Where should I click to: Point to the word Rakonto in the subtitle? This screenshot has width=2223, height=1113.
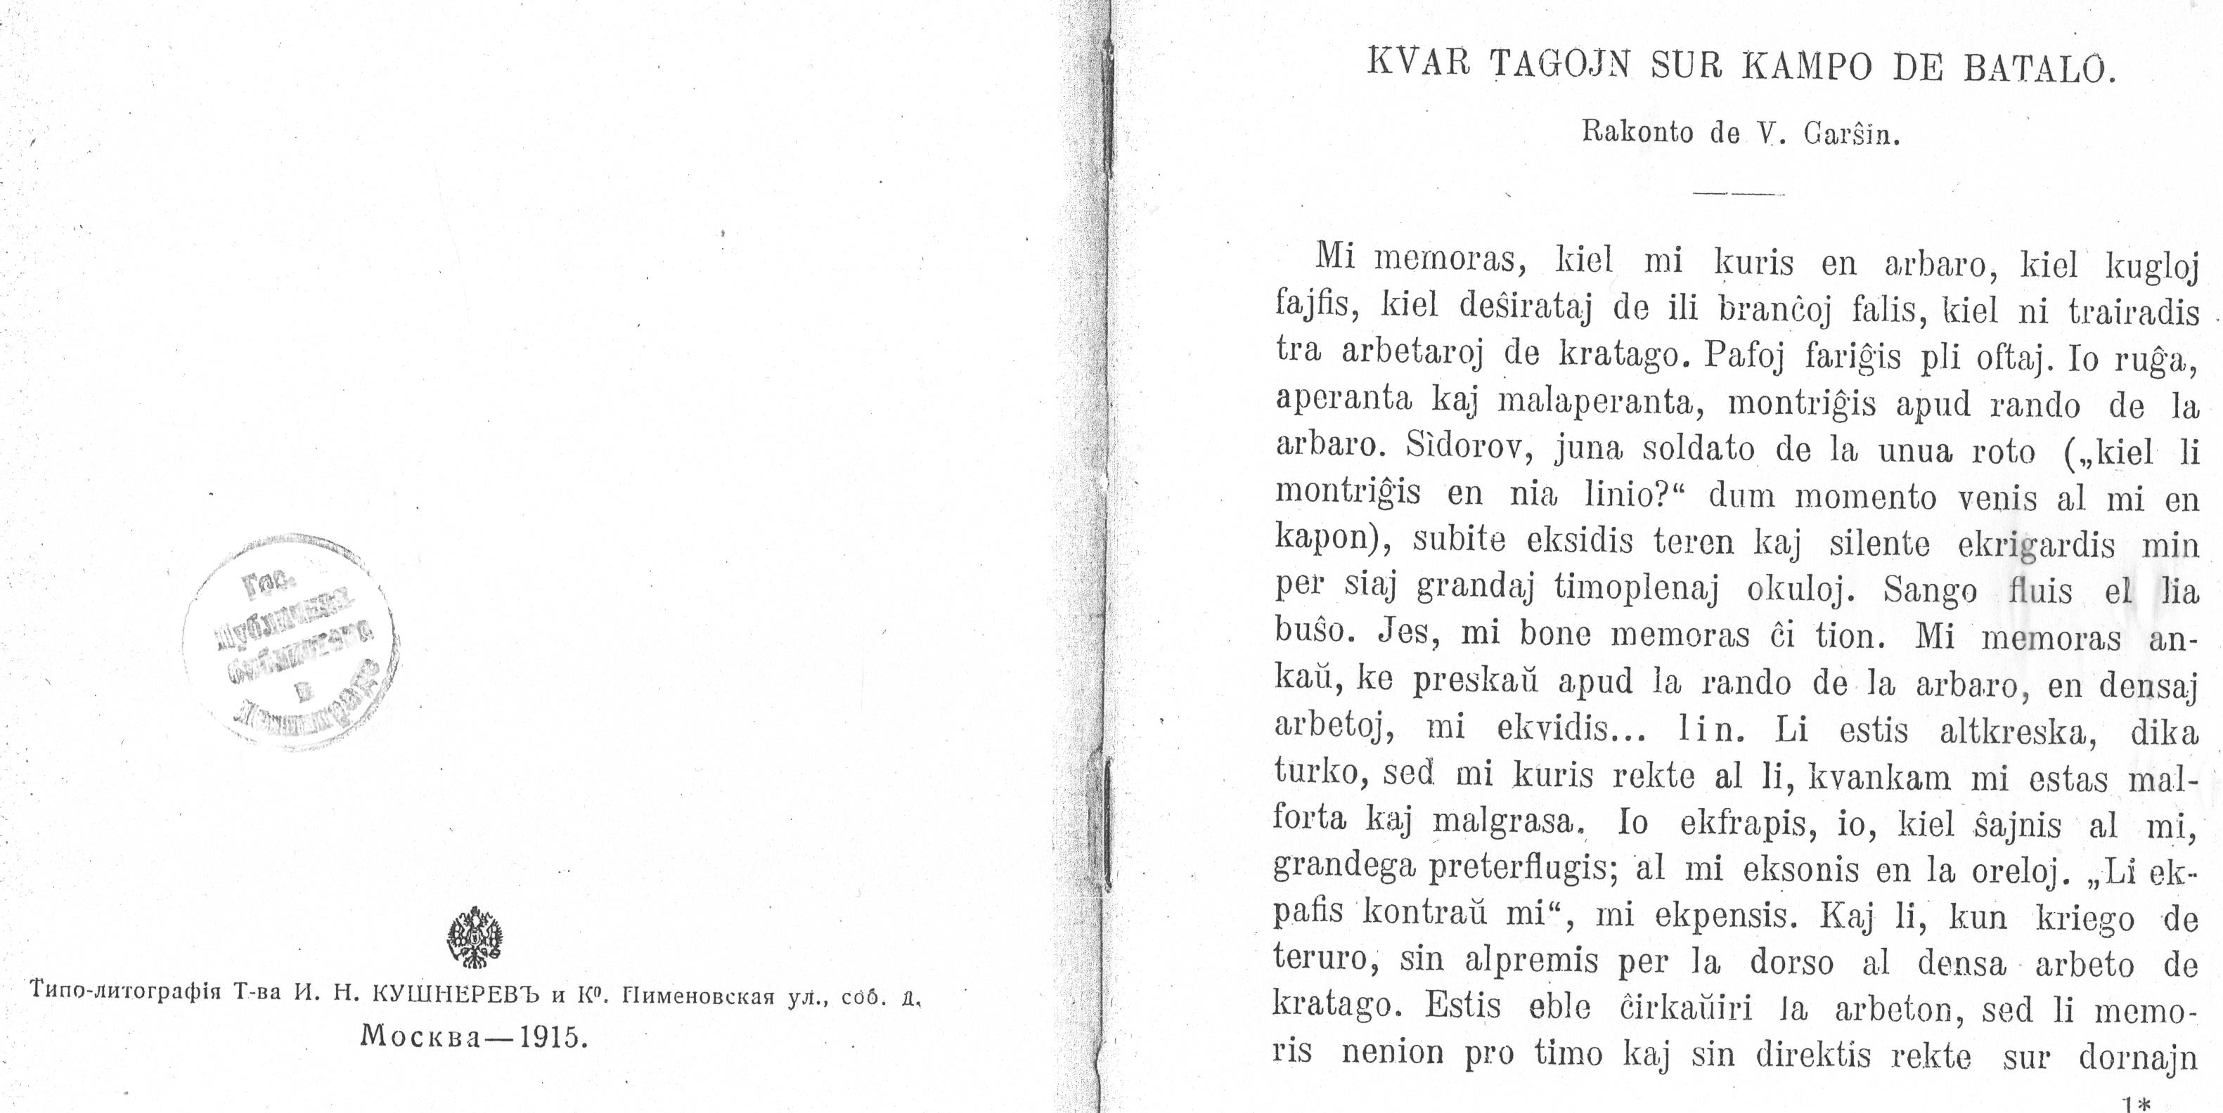point(1636,134)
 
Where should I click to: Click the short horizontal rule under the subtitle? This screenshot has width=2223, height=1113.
point(1738,194)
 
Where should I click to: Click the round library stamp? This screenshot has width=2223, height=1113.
point(289,641)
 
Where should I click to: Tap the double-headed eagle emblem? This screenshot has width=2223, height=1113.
point(475,936)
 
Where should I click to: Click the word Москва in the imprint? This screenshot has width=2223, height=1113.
point(421,1036)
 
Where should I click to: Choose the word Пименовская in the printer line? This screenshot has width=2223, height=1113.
point(690,996)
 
